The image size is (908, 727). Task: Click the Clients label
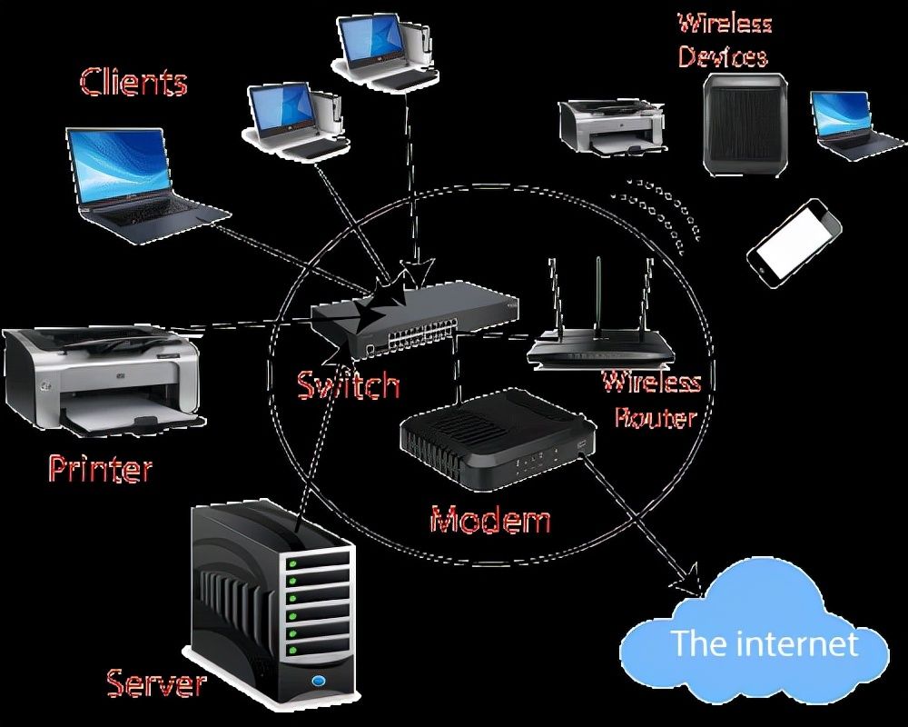tap(133, 82)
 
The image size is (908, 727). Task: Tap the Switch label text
tap(349, 385)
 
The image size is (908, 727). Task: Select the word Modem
tap(490, 520)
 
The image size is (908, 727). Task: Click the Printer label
tap(100, 469)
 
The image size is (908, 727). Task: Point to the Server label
tap(156, 682)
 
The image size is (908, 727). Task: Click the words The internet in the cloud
tap(764, 643)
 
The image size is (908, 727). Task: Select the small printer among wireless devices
tap(610, 126)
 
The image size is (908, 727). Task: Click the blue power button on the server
tap(319, 681)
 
